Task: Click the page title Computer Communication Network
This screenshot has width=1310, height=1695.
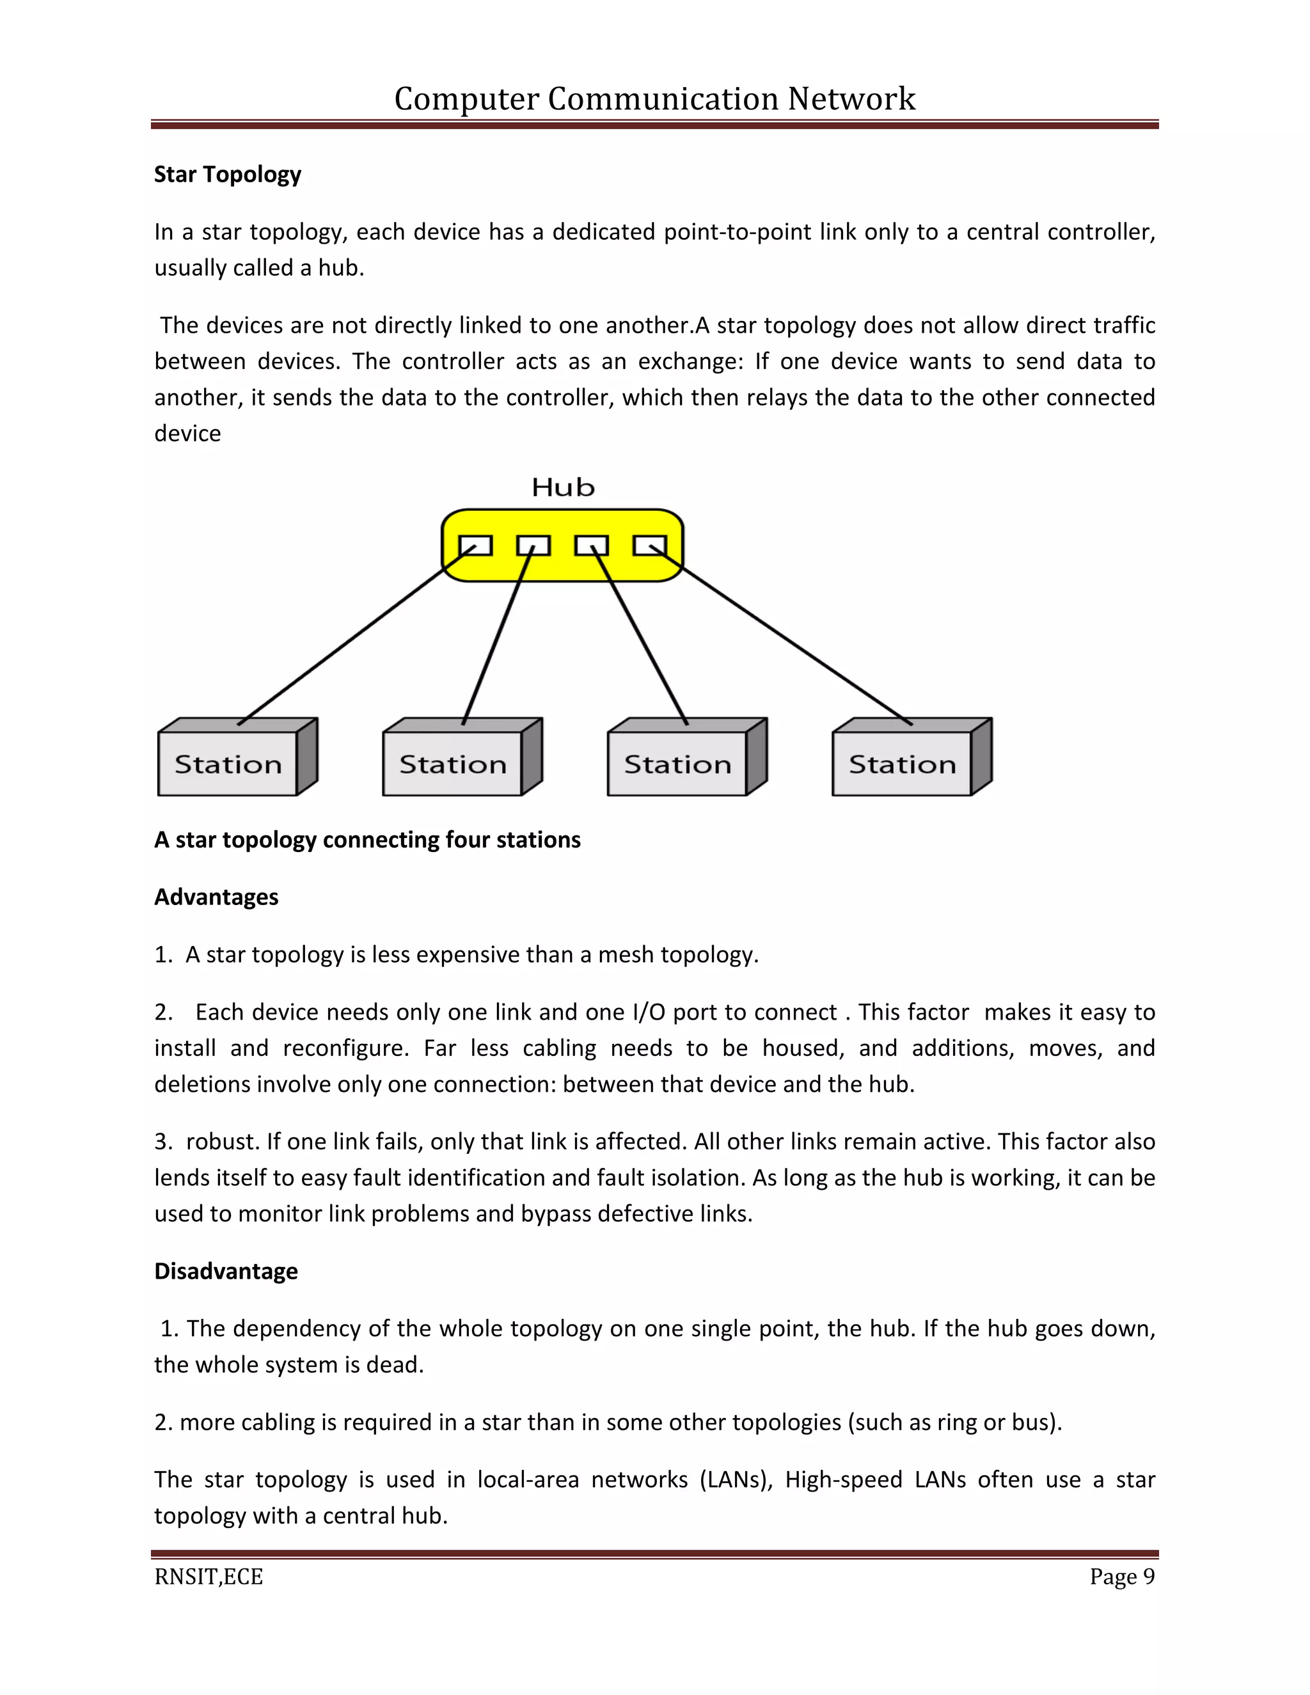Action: [654, 99]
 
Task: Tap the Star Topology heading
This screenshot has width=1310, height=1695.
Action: [227, 175]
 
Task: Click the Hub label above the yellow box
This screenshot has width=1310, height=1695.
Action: [563, 487]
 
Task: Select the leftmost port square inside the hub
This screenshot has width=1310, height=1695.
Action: [475, 546]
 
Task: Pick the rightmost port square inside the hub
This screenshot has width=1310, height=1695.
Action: [650, 546]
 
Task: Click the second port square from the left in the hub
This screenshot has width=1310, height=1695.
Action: [533, 546]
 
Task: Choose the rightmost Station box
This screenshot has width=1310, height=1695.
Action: [902, 764]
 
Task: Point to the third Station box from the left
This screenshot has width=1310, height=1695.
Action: [677, 764]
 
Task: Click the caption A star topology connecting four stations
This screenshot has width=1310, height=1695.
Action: [367, 840]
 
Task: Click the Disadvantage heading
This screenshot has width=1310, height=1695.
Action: [226, 1272]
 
